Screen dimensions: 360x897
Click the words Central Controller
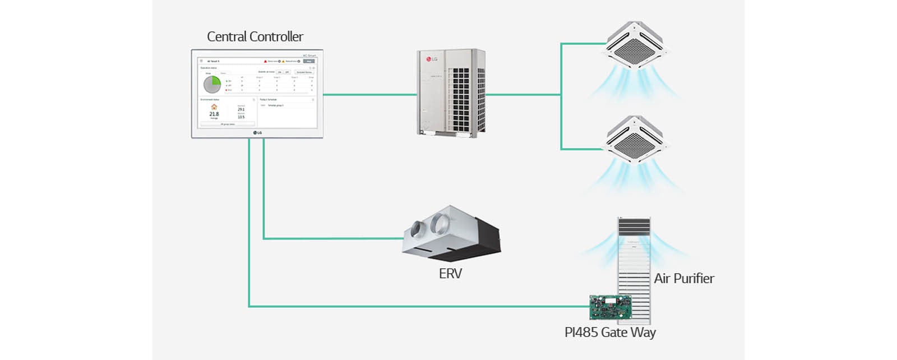click(255, 37)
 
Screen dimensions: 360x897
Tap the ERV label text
click(450, 274)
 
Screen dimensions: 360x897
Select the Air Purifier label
click(684, 279)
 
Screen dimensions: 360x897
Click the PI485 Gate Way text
click(610, 333)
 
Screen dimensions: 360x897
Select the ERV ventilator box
click(451, 234)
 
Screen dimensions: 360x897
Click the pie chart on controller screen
click(212, 84)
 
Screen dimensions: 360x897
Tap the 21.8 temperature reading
click(214, 114)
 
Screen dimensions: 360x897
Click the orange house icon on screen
click(214, 107)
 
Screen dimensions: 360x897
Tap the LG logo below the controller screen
click(257, 133)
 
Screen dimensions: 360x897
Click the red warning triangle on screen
click(265, 61)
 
